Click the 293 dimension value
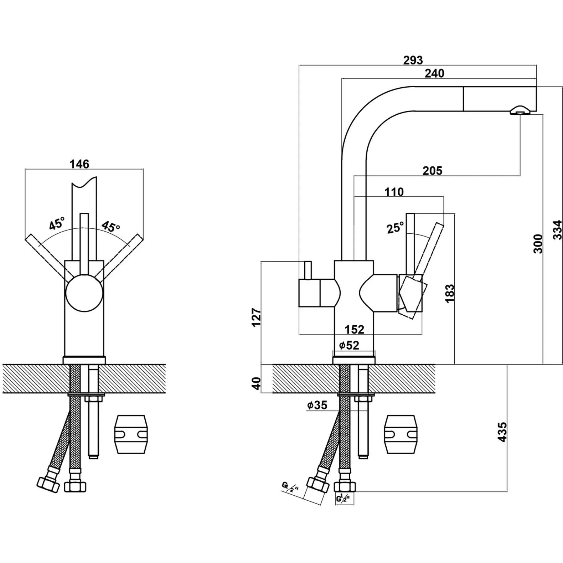413,60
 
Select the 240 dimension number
435,73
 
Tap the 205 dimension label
432,171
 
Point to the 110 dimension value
394,192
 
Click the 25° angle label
395,227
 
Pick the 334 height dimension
558,230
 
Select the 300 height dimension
538,244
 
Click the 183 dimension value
450,293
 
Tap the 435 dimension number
502,432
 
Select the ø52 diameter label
349,345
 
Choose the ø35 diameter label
317,405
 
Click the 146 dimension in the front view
79,164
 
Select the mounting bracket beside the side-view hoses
400,434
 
